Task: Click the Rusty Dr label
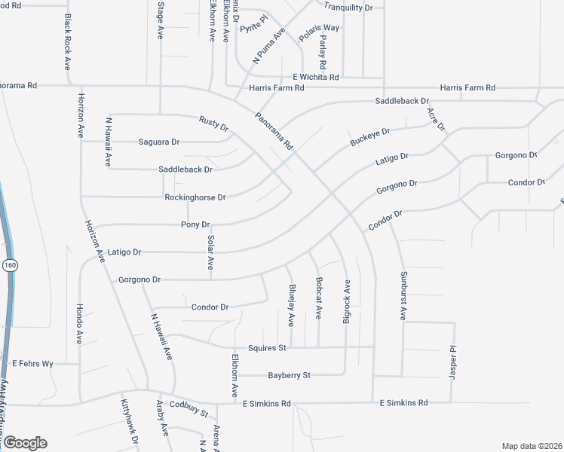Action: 214,123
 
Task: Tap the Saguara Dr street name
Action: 158,142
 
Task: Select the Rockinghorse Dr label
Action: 195,197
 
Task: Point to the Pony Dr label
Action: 195,224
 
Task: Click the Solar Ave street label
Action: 211,252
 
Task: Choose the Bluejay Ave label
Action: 291,305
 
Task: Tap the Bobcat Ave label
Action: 319,302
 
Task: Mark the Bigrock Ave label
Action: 347,302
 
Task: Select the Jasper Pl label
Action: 454,363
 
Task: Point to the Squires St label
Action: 272,348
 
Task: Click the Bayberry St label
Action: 290,375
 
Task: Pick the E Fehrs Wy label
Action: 32,364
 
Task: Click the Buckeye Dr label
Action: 369,136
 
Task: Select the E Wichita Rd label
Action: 316,77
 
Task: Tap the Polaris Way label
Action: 319,28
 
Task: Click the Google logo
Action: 24,443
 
